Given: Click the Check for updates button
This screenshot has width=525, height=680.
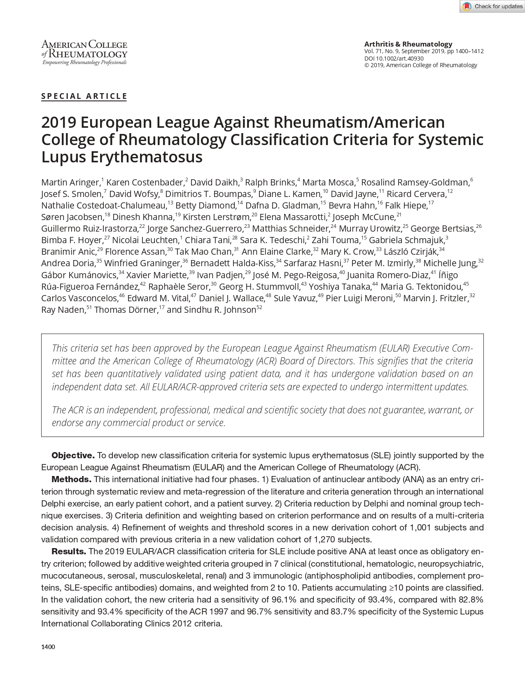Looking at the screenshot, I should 492,6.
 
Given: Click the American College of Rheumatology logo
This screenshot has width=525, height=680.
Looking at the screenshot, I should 84,52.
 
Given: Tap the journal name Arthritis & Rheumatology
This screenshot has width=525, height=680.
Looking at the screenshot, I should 408,44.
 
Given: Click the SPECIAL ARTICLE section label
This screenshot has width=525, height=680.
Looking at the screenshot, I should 84,96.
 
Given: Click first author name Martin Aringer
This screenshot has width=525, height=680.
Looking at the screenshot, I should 70,182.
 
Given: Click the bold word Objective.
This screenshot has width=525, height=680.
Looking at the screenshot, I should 73,455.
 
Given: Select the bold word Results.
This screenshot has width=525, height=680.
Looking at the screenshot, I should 68,551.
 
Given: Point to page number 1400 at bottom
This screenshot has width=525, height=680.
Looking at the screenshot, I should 48,647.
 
